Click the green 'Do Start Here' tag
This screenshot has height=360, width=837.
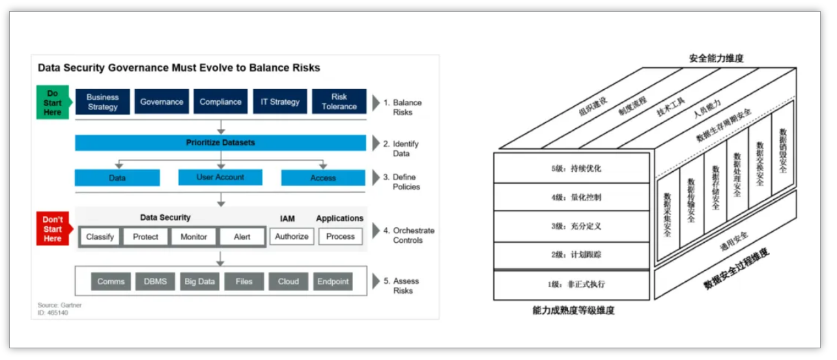click(x=52, y=102)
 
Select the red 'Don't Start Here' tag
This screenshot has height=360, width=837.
click(x=52, y=228)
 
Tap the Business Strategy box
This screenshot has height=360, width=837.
click(x=102, y=102)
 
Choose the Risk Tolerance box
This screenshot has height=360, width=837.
click(x=339, y=102)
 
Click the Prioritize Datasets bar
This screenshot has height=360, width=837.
click(x=220, y=143)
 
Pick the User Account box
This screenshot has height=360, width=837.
click(x=220, y=177)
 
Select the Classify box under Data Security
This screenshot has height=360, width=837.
click(x=100, y=236)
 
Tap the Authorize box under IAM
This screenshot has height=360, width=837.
click(x=291, y=236)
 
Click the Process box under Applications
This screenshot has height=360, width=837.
click(x=340, y=236)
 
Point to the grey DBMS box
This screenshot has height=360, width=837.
click(x=155, y=281)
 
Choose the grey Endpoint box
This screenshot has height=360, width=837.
click(x=333, y=281)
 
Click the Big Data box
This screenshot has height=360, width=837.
click(x=199, y=281)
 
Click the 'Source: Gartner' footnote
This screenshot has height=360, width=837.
click(x=59, y=305)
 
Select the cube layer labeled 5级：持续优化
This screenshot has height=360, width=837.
click(x=571, y=168)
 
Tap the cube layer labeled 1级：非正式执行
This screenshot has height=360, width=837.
click(x=571, y=284)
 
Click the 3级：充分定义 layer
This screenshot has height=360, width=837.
click(x=571, y=226)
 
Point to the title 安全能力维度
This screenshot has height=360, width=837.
click(x=716, y=58)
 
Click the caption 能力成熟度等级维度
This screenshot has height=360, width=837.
click(x=573, y=311)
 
